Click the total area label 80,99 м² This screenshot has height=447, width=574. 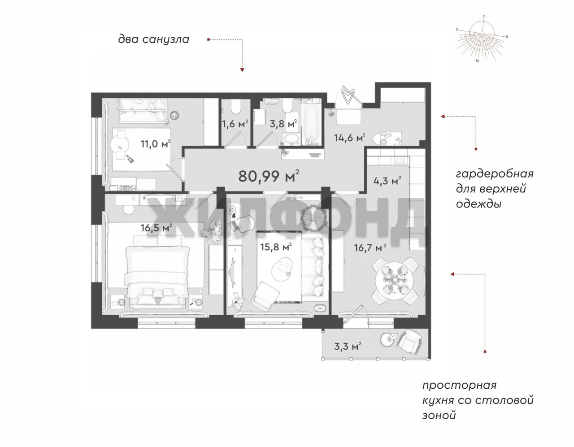pos(269,176)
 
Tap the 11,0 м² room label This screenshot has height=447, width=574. pos(156,144)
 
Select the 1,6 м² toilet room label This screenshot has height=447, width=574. pos(235,124)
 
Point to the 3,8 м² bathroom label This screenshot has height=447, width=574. pos(283,124)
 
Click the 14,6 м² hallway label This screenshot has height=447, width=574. pos(349,138)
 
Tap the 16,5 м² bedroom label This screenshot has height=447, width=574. pos(157,228)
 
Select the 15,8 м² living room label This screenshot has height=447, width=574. pos(276,247)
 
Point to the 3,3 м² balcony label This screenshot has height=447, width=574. pos(348,346)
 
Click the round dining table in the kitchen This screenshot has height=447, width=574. pos(394,281)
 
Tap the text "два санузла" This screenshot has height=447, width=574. pos(153,39)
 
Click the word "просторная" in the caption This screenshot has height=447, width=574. pos(459,386)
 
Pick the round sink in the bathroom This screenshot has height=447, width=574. pos(291,138)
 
